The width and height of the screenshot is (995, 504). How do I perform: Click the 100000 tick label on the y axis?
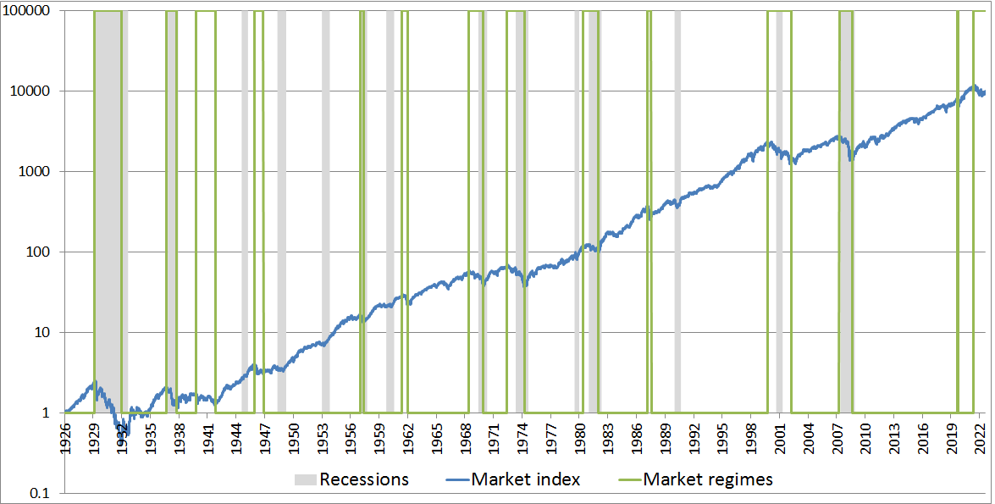28,11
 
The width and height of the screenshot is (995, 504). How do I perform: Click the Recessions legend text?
364,479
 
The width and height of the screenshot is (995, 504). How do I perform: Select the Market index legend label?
526,479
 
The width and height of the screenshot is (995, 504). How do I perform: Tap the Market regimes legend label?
708,479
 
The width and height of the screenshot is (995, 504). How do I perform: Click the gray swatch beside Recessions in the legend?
305,479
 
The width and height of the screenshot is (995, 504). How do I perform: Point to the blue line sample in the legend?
456,479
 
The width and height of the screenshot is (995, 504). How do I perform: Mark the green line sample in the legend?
627,479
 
